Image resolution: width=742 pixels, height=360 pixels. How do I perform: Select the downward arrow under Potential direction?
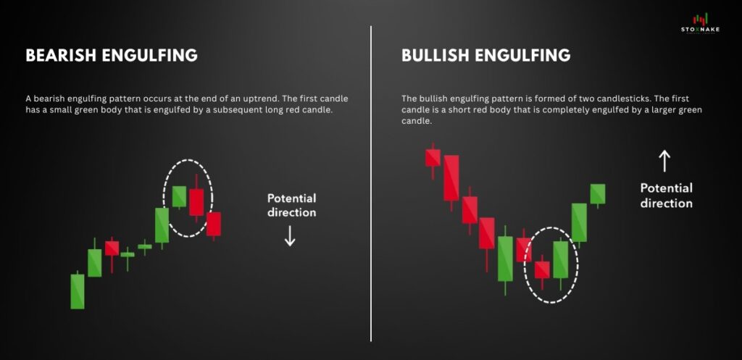tap(290, 235)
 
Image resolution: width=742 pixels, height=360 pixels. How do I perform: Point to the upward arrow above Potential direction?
tap(665, 162)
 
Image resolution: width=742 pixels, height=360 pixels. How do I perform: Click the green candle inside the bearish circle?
tap(179, 196)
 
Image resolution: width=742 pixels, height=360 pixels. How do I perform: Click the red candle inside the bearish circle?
tap(196, 198)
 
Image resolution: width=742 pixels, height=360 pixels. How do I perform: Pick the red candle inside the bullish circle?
tap(542, 272)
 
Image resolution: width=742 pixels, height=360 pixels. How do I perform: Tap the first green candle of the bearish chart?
tap(78, 290)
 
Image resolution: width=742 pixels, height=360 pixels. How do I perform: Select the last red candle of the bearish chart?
tap(214, 225)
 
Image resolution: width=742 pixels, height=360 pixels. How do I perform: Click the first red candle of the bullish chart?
tap(433, 160)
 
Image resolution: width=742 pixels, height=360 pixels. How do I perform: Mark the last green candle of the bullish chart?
tap(598, 195)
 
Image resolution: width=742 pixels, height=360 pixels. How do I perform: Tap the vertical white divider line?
tap(371, 183)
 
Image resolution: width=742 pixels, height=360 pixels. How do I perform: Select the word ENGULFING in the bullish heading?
tap(522, 55)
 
